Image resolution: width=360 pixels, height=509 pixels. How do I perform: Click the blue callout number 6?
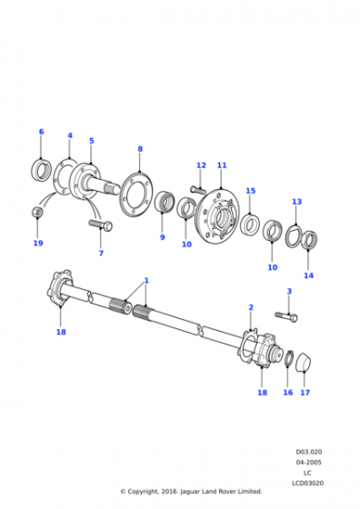41,132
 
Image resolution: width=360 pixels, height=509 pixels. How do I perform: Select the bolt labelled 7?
101,225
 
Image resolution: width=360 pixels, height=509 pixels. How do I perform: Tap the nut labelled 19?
37,212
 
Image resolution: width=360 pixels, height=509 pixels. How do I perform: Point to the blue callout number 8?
140,149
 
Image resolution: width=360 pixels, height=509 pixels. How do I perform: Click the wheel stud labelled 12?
198,190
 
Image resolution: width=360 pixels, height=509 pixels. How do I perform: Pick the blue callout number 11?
222,165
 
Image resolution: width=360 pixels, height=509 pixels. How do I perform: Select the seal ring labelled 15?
250,225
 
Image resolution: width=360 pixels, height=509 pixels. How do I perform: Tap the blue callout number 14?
308,275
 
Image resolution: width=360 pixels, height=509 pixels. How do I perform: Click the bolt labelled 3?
286,316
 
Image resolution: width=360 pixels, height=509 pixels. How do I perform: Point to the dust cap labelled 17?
304,362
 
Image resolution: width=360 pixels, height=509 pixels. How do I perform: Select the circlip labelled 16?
289,358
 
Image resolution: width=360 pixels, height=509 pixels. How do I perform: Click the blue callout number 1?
146,281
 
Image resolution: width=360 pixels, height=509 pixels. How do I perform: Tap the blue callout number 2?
251,307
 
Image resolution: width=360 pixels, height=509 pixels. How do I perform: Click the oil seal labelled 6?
42,171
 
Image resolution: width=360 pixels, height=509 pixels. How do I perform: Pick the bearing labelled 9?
165,202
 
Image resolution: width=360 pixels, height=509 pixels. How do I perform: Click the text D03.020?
308,452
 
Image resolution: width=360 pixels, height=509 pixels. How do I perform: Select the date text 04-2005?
308,463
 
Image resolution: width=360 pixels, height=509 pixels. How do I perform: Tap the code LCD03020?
308,484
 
